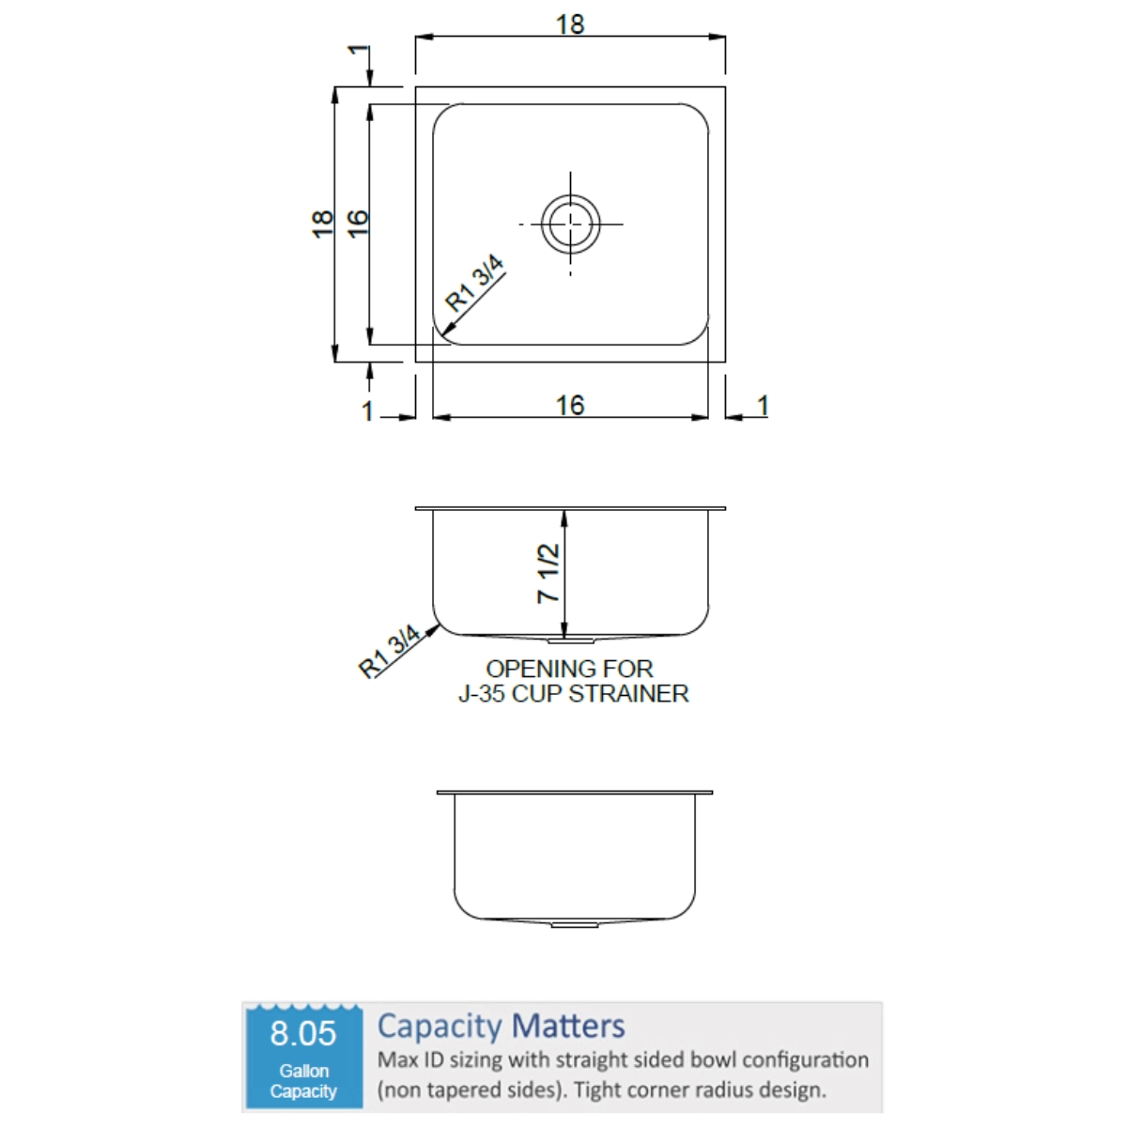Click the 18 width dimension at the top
tap(570, 24)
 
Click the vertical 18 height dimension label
tap(322, 224)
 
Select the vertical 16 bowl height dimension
tap(357, 224)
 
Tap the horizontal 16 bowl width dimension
tap(570, 406)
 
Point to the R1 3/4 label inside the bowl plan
tap(474, 283)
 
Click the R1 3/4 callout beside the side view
tap(389, 651)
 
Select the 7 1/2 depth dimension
tap(548, 574)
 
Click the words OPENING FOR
tap(569, 669)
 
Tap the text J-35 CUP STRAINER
tap(573, 694)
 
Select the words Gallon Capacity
tap(303, 1081)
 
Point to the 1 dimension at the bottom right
tap(763, 406)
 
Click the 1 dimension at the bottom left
tap(367, 411)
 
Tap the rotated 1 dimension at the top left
tap(358, 50)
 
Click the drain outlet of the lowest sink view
tap(575, 925)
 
